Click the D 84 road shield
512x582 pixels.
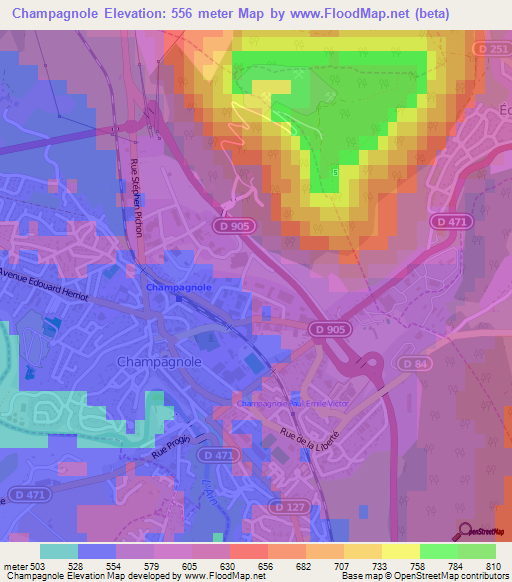point(413,363)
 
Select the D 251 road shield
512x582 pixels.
point(496,48)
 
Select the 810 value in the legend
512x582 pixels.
point(492,566)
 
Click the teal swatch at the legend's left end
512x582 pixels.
point(59,551)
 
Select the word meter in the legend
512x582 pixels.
point(13,566)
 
